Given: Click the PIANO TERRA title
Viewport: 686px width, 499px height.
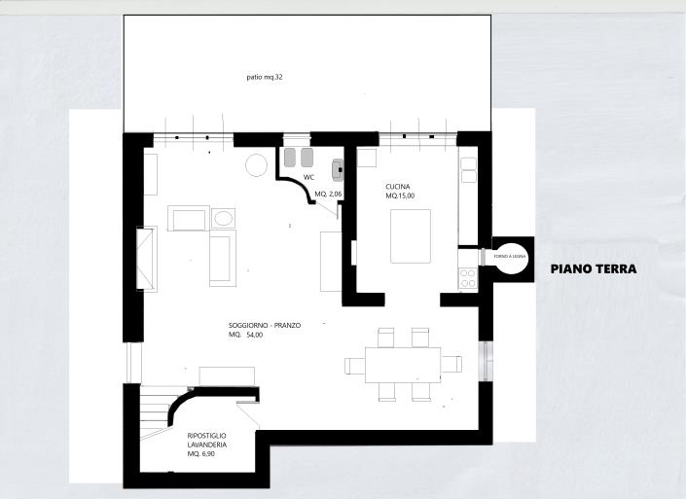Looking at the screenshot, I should coord(593,269).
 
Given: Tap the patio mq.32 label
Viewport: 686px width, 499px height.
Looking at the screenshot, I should coord(264,77).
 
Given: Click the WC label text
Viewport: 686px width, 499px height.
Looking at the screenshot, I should coord(308,178).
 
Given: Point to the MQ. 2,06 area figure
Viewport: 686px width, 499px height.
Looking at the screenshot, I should coord(329,195).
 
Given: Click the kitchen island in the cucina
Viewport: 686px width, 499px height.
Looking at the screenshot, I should coord(411,236).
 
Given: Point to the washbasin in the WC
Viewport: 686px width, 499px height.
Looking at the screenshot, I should coord(338,170).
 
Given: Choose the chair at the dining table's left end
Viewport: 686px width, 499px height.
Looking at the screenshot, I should coord(353,365).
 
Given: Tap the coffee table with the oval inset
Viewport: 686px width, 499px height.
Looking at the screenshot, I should coord(223,218).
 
